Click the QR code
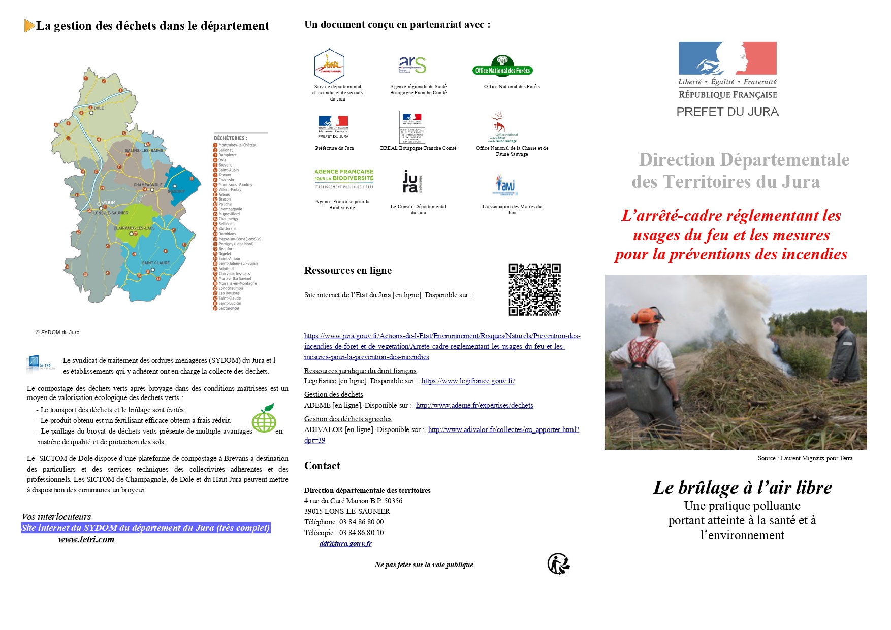click(534, 289)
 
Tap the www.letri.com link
click(86, 539)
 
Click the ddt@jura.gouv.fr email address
click(345, 543)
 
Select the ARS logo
click(412, 65)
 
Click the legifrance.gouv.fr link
click(468, 381)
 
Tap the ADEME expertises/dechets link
click(474, 405)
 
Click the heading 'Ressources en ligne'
click(348, 270)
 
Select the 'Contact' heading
click(322, 466)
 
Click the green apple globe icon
click(264, 418)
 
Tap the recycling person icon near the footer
click(558, 563)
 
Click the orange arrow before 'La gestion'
click(29, 26)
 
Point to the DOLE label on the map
click(99, 108)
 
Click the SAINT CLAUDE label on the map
click(155, 263)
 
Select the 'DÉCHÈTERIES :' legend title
click(231, 138)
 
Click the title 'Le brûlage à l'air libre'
click(742, 487)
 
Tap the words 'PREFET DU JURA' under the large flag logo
click(727, 112)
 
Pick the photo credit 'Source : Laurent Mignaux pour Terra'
click(805, 458)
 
